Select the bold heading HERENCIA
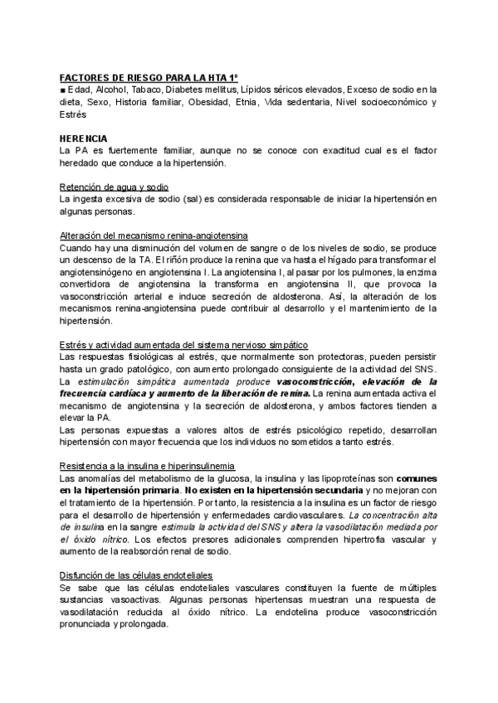pos(84,137)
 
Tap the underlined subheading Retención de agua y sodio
pos(114,187)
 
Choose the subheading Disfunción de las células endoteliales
pos(136,575)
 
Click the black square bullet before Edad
pos(63,90)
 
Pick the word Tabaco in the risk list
pos(146,89)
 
